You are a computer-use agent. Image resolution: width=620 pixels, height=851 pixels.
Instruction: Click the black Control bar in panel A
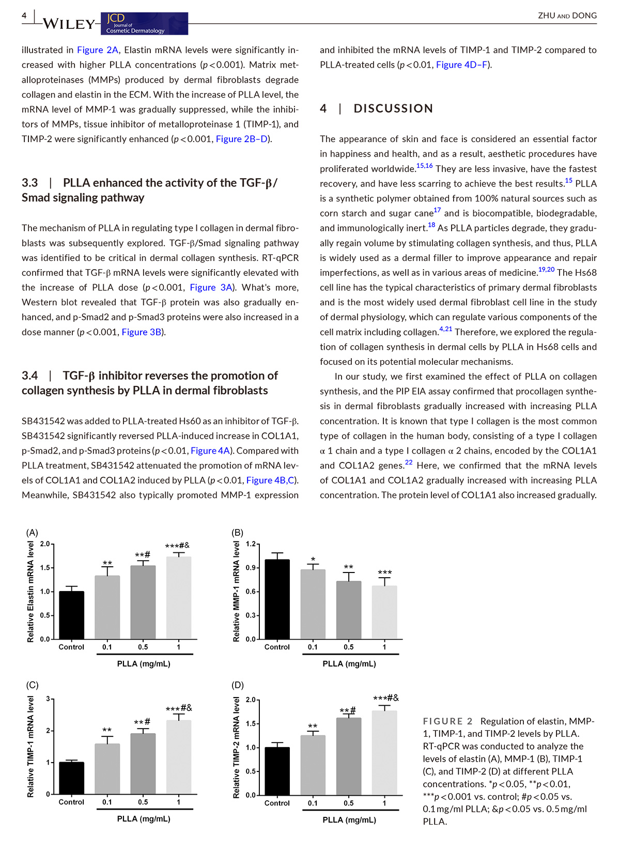(x=71, y=615)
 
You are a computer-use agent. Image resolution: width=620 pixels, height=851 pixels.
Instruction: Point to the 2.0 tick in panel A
(x=45, y=544)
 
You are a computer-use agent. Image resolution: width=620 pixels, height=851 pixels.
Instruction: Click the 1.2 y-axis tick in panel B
(x=251, y=544)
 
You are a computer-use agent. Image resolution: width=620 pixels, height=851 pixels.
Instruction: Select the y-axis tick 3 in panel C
(x=48, y=699)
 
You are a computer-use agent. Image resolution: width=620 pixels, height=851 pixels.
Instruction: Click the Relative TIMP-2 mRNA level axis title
(x=237, y=747)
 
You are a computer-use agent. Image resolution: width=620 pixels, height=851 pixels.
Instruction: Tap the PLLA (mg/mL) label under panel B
(x=349, y=664)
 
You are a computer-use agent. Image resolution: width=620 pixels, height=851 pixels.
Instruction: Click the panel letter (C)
(x=32, y=685)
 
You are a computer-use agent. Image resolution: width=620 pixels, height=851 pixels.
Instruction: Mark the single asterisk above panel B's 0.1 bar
(x=313, y=560)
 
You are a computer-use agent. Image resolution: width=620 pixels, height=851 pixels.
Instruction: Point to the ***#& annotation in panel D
(x=385, y=699)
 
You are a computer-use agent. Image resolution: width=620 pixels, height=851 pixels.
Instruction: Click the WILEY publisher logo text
(x=69, y=24)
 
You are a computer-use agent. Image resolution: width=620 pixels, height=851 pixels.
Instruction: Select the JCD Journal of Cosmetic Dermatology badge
(x=144, y=24)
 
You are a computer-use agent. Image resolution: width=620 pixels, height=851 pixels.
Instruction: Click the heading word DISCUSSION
(x=393, y=109)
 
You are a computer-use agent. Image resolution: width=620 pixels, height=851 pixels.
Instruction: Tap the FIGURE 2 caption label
(x=447, y=721)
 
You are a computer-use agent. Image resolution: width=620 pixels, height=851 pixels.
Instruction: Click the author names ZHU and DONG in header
(x=567, y=16)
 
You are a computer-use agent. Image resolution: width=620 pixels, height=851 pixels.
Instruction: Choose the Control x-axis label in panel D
(x=277, y=803)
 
